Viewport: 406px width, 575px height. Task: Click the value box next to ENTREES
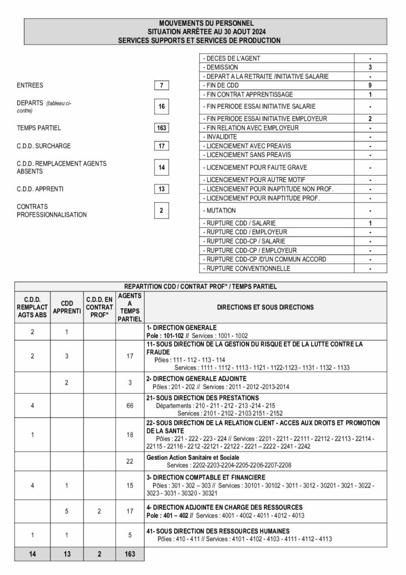161,85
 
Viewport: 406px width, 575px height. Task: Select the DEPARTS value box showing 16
161,106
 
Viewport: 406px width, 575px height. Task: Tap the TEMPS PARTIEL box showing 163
161,127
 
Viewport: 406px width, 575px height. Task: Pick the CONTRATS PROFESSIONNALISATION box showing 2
161,211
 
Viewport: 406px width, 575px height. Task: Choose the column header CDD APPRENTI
67,307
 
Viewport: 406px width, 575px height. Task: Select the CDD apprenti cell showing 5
67,511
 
